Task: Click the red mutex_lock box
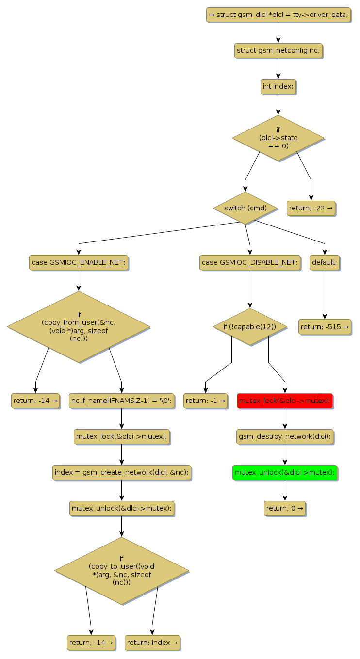(285, 401)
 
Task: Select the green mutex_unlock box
(285, 472)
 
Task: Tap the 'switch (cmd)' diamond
(245, 208)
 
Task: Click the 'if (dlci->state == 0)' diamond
(278, 138)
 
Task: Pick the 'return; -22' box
(311, 209)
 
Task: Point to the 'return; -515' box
(325, 327)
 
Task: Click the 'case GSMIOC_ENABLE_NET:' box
(79, 262)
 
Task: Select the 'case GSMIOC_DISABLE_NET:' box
(250, 262)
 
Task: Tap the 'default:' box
(325, 262)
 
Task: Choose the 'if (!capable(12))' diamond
(250, 327)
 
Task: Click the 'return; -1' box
(205, 401)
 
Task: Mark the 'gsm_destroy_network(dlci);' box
(285, 436)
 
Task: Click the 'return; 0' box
(285, 508)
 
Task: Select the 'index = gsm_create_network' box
(121, 472)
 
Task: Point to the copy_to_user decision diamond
(121, 571)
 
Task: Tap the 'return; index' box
(152, 643)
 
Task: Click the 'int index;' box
(278, 86)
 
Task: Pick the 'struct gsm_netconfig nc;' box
(278, 50)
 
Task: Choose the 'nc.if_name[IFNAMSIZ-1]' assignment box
(121, 401)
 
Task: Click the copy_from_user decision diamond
(79, 327)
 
